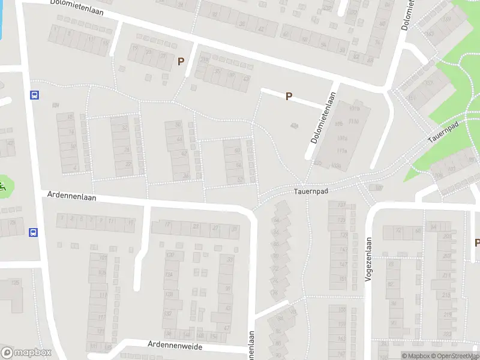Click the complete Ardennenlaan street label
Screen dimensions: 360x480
[72, 196]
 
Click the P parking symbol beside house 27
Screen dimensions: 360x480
[180, 61]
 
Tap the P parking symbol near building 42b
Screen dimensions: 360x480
[289, 96]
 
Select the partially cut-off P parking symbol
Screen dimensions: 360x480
[477, 243]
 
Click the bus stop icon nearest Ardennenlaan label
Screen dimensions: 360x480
[34, 232]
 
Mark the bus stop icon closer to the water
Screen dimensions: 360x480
[35, 95]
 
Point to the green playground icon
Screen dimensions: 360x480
[3, 187]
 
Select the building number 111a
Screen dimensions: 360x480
[342, 151]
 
